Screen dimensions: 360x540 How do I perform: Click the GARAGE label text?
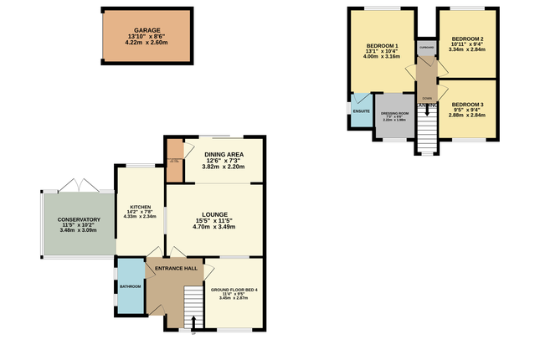point(147,30)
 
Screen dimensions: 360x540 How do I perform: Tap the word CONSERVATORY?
point(80,219)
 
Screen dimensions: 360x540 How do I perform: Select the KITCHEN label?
point(139,206)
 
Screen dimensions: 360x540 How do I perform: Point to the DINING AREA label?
point(223,153)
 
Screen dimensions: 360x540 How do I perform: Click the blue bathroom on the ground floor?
point(130,286)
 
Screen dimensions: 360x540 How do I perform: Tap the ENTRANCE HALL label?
point(176,268)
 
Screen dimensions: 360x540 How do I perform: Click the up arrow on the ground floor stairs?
point(194,321)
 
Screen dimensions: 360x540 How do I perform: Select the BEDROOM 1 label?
point(382,45)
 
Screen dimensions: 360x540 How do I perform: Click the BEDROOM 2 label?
point(467,39)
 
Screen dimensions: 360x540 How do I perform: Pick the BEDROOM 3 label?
point(467,105)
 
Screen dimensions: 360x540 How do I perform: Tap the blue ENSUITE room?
point(361,114)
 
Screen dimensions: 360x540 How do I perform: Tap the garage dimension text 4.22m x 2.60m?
point(147,43)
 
